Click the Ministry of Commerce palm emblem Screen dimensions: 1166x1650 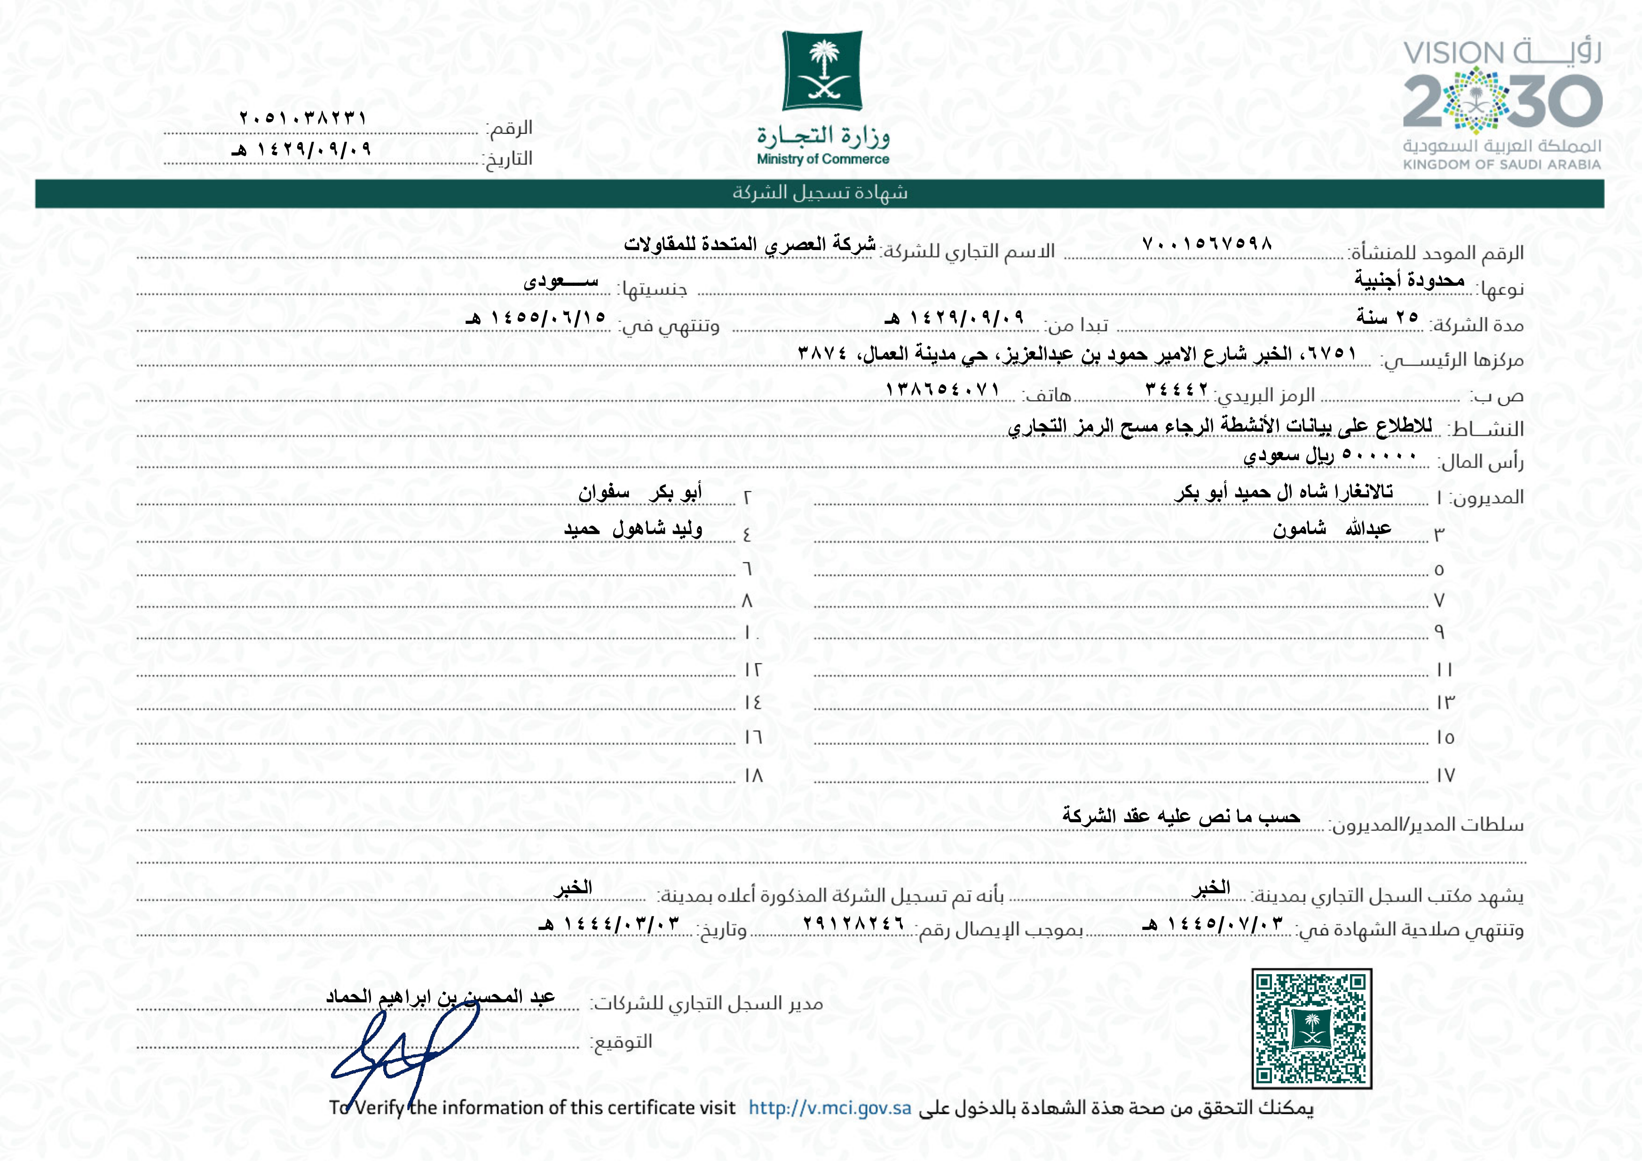point(822,71)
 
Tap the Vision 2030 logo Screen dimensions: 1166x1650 point(1502,104)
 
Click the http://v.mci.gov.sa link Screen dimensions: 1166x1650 point(829,1108)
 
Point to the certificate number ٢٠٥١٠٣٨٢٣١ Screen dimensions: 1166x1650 point(303,117)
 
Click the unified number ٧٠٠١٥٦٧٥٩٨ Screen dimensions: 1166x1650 point(1208,244)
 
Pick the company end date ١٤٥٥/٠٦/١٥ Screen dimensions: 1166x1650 point(536,317)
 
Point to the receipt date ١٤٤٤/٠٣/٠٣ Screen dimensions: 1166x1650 point(608,924)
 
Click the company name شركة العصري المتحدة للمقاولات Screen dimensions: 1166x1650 point(750,244)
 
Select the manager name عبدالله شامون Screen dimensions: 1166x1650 point(1332,529)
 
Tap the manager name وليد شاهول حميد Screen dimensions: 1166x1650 point(632,529)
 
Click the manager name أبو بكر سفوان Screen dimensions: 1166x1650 point(639,493)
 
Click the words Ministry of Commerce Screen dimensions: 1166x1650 point(823,159)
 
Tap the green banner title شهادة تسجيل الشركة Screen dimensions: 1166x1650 point(820,193)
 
